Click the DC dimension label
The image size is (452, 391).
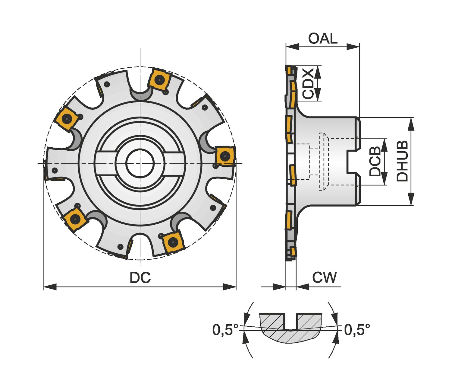(x=140, y=277)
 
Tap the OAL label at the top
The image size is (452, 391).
(x=322, y=39)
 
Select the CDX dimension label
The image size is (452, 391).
(x=308, y=83)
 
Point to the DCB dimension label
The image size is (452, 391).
(x=375, y=162)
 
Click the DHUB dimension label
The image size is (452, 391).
(x=402, y=161)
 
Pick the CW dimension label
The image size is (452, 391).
(x=324, y=277)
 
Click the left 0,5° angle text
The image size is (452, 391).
(x=225, y=330)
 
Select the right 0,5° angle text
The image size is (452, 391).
(x=357, y=330)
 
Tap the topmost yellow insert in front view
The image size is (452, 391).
(x=159, y=80)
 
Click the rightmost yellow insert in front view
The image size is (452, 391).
(x=225, y=156)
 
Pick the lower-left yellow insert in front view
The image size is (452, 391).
(x=75, y=219)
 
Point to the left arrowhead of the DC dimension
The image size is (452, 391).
(x=50, y=287)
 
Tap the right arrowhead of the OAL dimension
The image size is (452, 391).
(x=353, y=46)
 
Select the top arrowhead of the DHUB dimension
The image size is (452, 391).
(x=411, y=123)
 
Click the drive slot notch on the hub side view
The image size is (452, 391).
(x=353, y=162)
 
